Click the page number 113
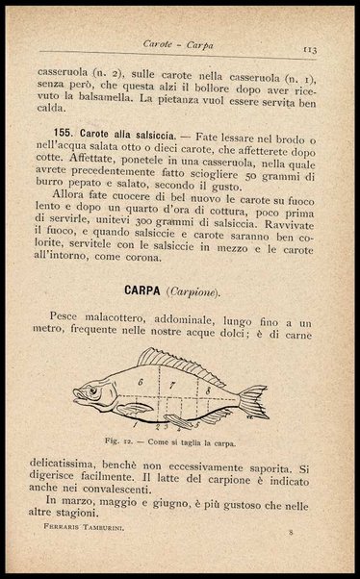tap(310, 47)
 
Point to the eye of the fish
tap(91, 390)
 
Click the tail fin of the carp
tap(253, 400)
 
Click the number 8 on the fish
tap(207, 390)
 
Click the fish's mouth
tap(76, 395)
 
